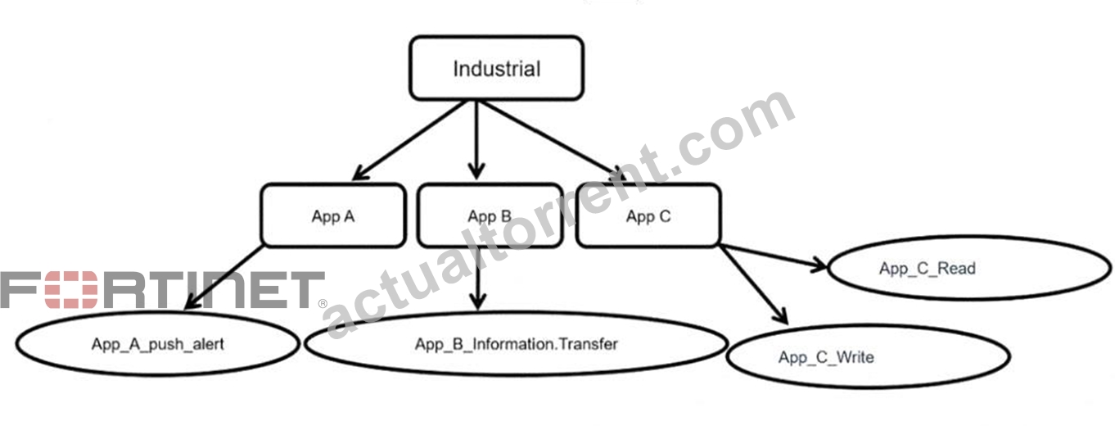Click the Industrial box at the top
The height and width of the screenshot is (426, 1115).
coord(496,68)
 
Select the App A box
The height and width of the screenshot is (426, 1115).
coord(333,215)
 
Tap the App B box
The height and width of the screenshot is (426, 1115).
coord(490,215)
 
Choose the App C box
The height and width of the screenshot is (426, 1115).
coord(648,215)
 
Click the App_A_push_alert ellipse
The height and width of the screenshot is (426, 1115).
coord(158,344)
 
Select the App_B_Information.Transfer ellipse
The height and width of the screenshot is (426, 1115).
coord(517,344)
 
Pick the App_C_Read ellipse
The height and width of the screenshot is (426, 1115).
coord(969,268)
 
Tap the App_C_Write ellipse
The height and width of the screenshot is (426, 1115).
coord(868,356)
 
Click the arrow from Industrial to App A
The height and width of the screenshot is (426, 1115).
coord(409,141)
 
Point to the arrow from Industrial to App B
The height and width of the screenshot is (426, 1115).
coord(476,141)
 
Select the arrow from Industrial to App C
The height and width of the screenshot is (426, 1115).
coord(553,141)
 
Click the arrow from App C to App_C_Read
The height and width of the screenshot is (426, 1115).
coord(774,256)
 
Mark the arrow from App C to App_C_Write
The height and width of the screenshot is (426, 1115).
coord(754,284)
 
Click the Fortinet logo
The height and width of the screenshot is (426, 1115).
coord(163,290)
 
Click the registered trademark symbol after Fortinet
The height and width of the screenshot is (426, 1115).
coord(323,303)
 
